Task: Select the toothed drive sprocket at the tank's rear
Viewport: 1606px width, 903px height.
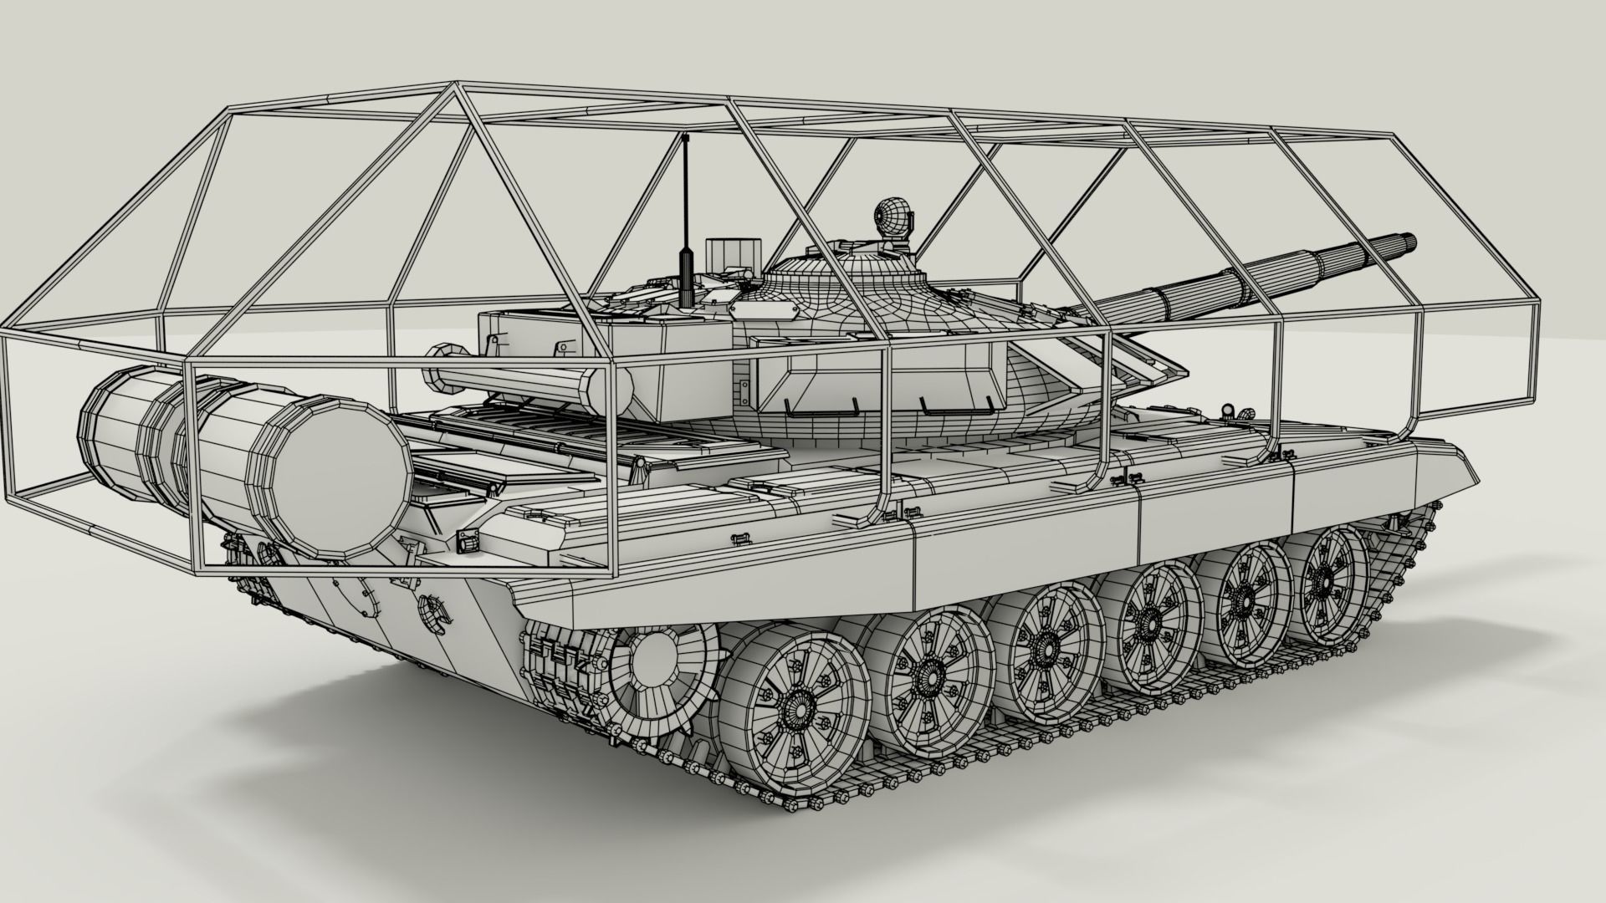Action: pyautogui.click(x=661, y=669)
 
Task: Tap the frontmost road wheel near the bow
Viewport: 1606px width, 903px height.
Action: pyautogui.click(x=1325, y=579)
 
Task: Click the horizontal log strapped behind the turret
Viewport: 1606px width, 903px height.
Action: pyautogui.click(x=519, y=381)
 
